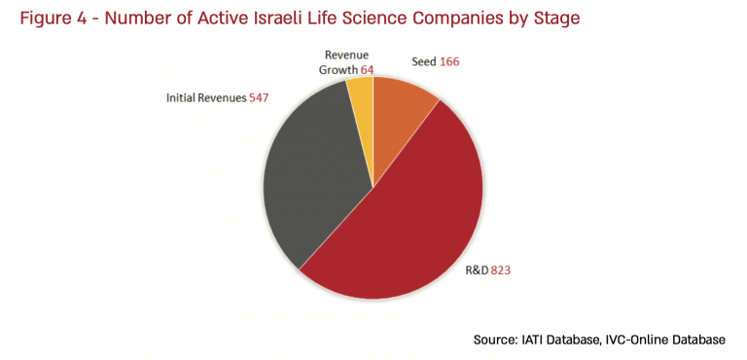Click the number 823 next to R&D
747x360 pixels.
click(x=500, y=270)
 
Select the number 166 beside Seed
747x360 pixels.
click(x=448, y=61)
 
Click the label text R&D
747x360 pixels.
click(x=474, y=270)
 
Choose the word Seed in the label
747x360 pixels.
click(x=423, y=61)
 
